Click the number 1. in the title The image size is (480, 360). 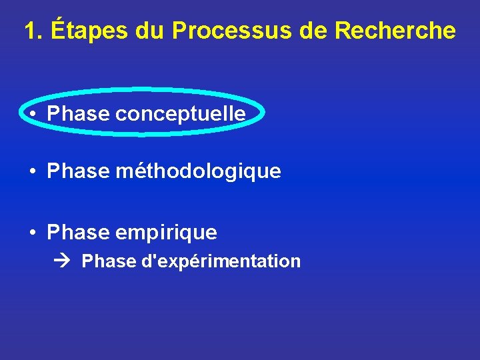coord(33,31)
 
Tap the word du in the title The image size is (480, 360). coord(151,31)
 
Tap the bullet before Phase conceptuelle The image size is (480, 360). coord(33,114)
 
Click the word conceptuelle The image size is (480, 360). coord(181,114)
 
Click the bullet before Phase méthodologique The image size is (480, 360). coord(33,172)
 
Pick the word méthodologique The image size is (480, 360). coord(198,172)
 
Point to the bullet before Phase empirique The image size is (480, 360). coord(33,233)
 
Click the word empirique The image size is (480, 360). coord(166,233)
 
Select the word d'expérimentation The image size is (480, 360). coord(221,261)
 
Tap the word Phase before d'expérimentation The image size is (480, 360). coord(109,261)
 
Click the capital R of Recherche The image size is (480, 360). coord(345,31)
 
